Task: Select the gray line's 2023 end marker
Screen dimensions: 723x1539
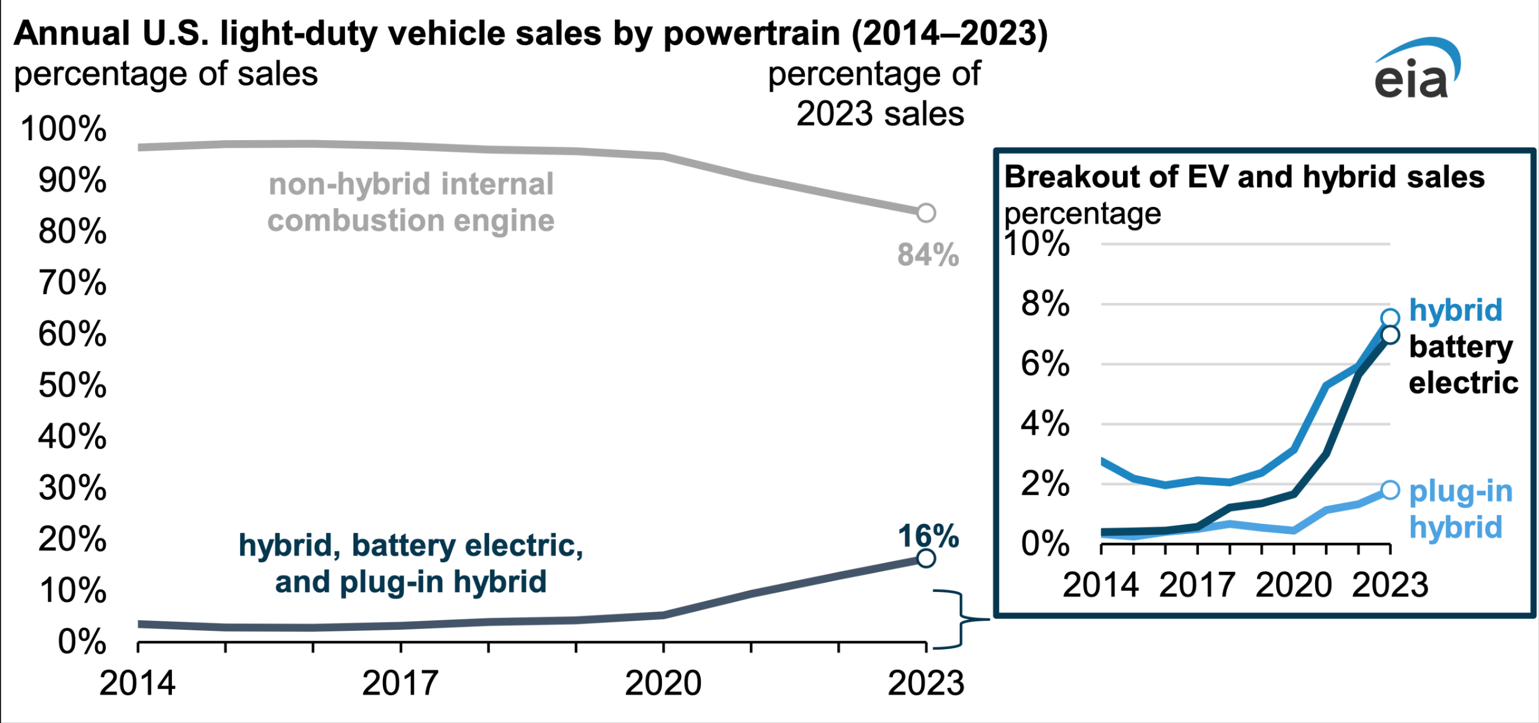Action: point(926,213)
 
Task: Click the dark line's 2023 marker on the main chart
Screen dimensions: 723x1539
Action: point(926,558)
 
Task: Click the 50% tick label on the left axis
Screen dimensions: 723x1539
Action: point(72,386)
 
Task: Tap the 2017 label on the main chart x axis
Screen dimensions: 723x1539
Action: point(400,683)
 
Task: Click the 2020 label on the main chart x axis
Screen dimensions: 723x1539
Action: point(663,683)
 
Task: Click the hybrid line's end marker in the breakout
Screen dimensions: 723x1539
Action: point(1390,318)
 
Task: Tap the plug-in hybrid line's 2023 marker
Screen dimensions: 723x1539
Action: point(1390,490)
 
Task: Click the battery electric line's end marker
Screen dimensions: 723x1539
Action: point(1390,335)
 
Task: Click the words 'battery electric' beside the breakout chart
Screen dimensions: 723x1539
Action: point(1463,365)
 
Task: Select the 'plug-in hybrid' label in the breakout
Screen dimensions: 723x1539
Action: point(1460,509)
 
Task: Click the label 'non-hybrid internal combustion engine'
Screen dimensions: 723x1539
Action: point(411,203)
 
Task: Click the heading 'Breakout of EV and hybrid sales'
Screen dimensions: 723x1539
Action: point(1244,177)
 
